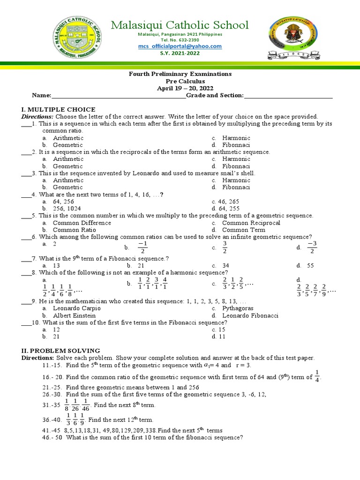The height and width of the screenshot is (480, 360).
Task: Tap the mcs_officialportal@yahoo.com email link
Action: [x=180, y=46]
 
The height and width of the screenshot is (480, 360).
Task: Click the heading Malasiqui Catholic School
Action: [x=180, y=25]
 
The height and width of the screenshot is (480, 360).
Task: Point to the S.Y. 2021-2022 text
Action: [x=180, y=53]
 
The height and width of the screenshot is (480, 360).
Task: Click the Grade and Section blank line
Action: [x=288, y=96]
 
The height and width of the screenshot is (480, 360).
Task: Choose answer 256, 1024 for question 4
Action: [x=67, y=209]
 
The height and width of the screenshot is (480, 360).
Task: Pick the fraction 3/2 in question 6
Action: [x=225, y=247]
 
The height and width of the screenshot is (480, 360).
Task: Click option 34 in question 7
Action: [x=225, y=265]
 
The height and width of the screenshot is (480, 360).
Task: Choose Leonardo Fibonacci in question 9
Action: [x=250, y=315]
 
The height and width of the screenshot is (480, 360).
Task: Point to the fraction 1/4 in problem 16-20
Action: [x=317, y=376]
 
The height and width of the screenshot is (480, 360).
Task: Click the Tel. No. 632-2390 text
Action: [x=180, y=40]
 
